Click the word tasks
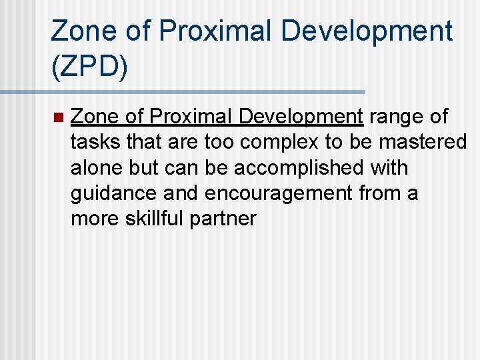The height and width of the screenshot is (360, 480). (x=93, y=143)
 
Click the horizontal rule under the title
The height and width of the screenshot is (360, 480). (x=183, y=91)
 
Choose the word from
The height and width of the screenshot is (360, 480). (x=379, y=193)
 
